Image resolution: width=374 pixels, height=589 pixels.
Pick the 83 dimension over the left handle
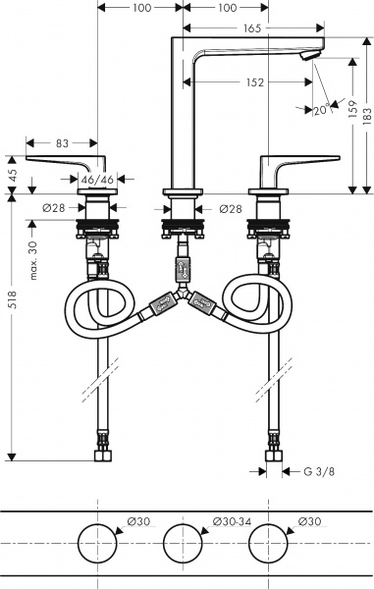click(x=62, y=143)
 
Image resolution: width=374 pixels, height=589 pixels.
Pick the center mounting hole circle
click(x=182, y=543)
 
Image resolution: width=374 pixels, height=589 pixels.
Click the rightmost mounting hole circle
click(x=270, y=543)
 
